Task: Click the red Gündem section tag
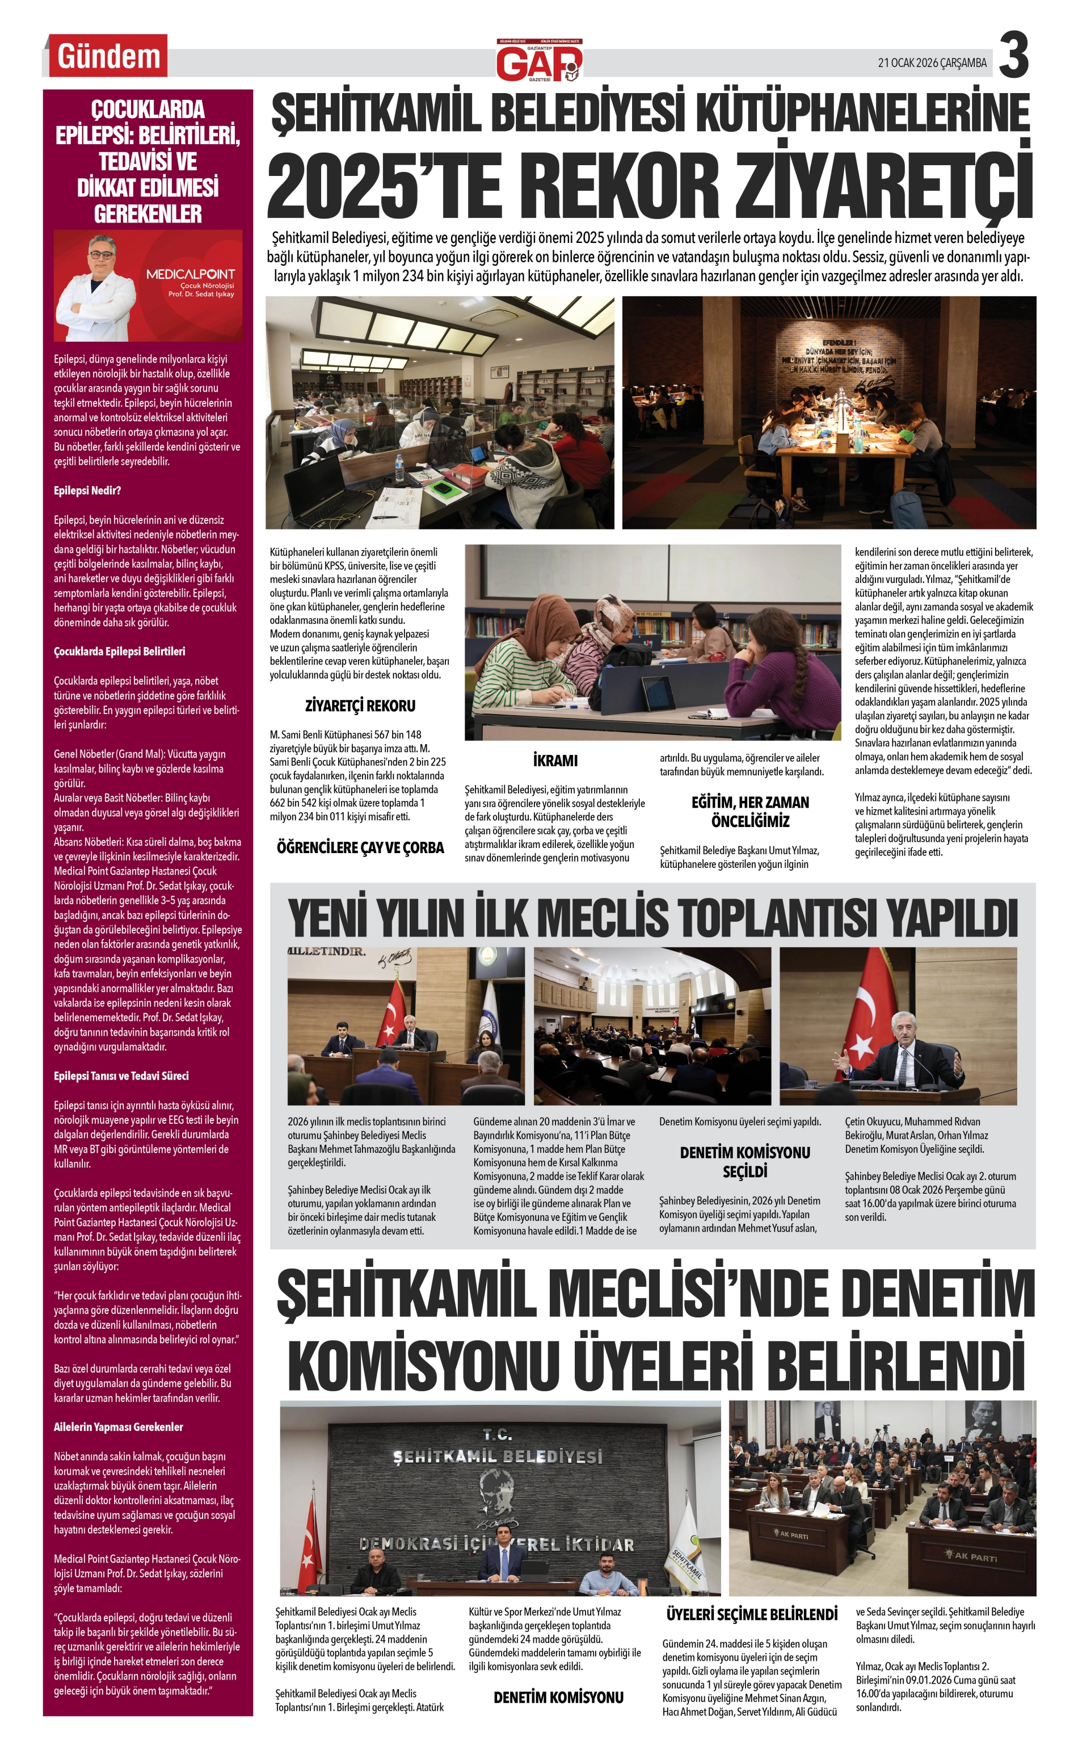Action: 108,56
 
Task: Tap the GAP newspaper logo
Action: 539,61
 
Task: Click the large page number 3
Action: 1013,56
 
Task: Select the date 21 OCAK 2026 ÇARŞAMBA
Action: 932,63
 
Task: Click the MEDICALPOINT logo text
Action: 191,274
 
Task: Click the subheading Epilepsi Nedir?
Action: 87,490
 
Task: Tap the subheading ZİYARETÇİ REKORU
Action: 360,706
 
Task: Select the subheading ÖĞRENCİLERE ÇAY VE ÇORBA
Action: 360,848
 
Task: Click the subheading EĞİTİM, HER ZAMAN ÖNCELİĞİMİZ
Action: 750,812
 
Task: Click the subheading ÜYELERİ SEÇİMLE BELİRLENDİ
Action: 751,1614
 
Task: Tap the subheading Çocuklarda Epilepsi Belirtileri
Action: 119,651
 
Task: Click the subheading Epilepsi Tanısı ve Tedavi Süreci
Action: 121,1076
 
